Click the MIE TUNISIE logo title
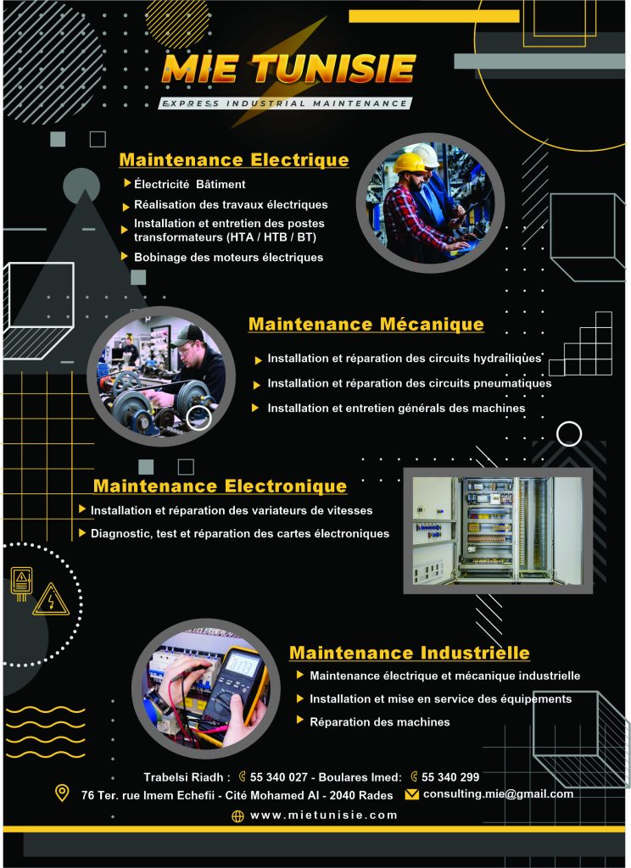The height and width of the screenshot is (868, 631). tap(288, 69)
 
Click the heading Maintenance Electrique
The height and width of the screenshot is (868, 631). tap(234, 160)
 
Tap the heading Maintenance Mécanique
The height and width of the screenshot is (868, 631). tap(366, 325)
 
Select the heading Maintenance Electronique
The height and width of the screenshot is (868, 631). tap(220, 486)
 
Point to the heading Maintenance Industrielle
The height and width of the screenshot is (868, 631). tap(410, 653)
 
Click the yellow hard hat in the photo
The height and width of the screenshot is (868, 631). tap(409, 163)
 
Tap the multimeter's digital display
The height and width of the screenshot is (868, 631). tap(242, 664)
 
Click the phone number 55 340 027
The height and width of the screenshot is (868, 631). tap(278, 777)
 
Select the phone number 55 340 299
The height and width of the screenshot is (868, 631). tap(450, 777)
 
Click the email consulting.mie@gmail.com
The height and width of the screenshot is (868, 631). tap(498, 793)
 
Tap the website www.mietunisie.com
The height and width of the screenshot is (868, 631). tap(323, 815)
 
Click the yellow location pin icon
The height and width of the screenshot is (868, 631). tap(62, 793)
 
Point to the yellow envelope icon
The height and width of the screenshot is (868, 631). tap(411, 794)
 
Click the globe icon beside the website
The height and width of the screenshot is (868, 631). tap(237, 816)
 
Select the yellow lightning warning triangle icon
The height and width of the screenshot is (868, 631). tap(51, 599)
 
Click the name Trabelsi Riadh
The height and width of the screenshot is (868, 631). tap(183, 777)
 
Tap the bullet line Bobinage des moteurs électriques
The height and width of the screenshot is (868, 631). tap(228, 258)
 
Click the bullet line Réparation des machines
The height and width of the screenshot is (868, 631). tap(379, 722)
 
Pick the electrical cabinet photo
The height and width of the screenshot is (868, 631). tap(498, 531)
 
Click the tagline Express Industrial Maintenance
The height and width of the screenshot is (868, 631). tap(285, 103)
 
